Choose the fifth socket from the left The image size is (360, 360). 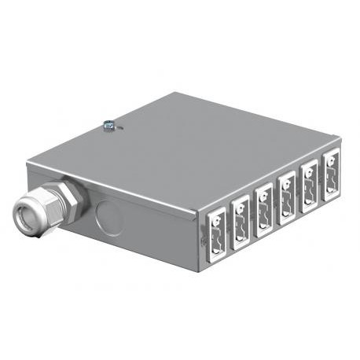[x=308, y=181]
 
